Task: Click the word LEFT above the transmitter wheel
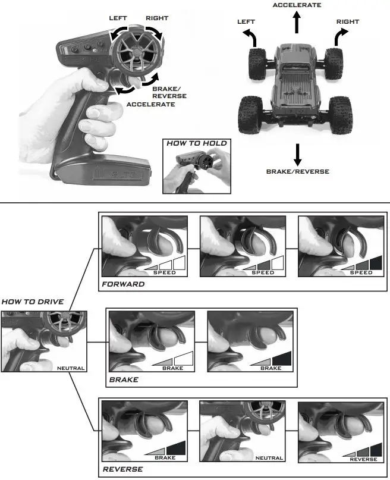tap(118, 18)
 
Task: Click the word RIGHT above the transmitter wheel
tap(156, 18)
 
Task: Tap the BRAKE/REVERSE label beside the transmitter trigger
tap(169, 92)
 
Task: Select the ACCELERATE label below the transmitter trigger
tap(150, 104)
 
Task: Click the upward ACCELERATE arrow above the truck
tap(296, 24)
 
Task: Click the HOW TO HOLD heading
tap(196, 143)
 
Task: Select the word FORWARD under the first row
tap(122, 284)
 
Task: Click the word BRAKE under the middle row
tap(124, 379)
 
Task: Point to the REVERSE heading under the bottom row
tap(122, 469)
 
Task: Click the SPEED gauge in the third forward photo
tap(361, 265)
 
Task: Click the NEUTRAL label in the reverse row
tap(269, 459)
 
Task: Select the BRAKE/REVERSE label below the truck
tap(297, 172)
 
